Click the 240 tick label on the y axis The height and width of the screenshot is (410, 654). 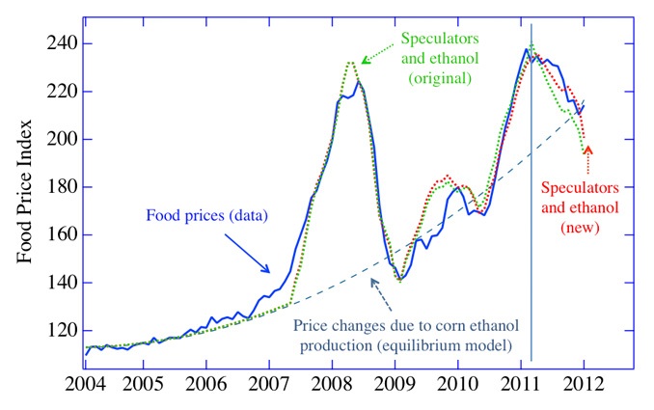pyautogui.click(x=48, y=44)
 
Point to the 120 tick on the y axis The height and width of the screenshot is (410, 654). pyautogui.click(x=48, y=331)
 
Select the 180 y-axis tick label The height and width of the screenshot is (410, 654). pyautogui.click(x=48, y=187)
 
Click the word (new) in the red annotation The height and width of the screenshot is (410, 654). pyautogui.click(x=580, y=228)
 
